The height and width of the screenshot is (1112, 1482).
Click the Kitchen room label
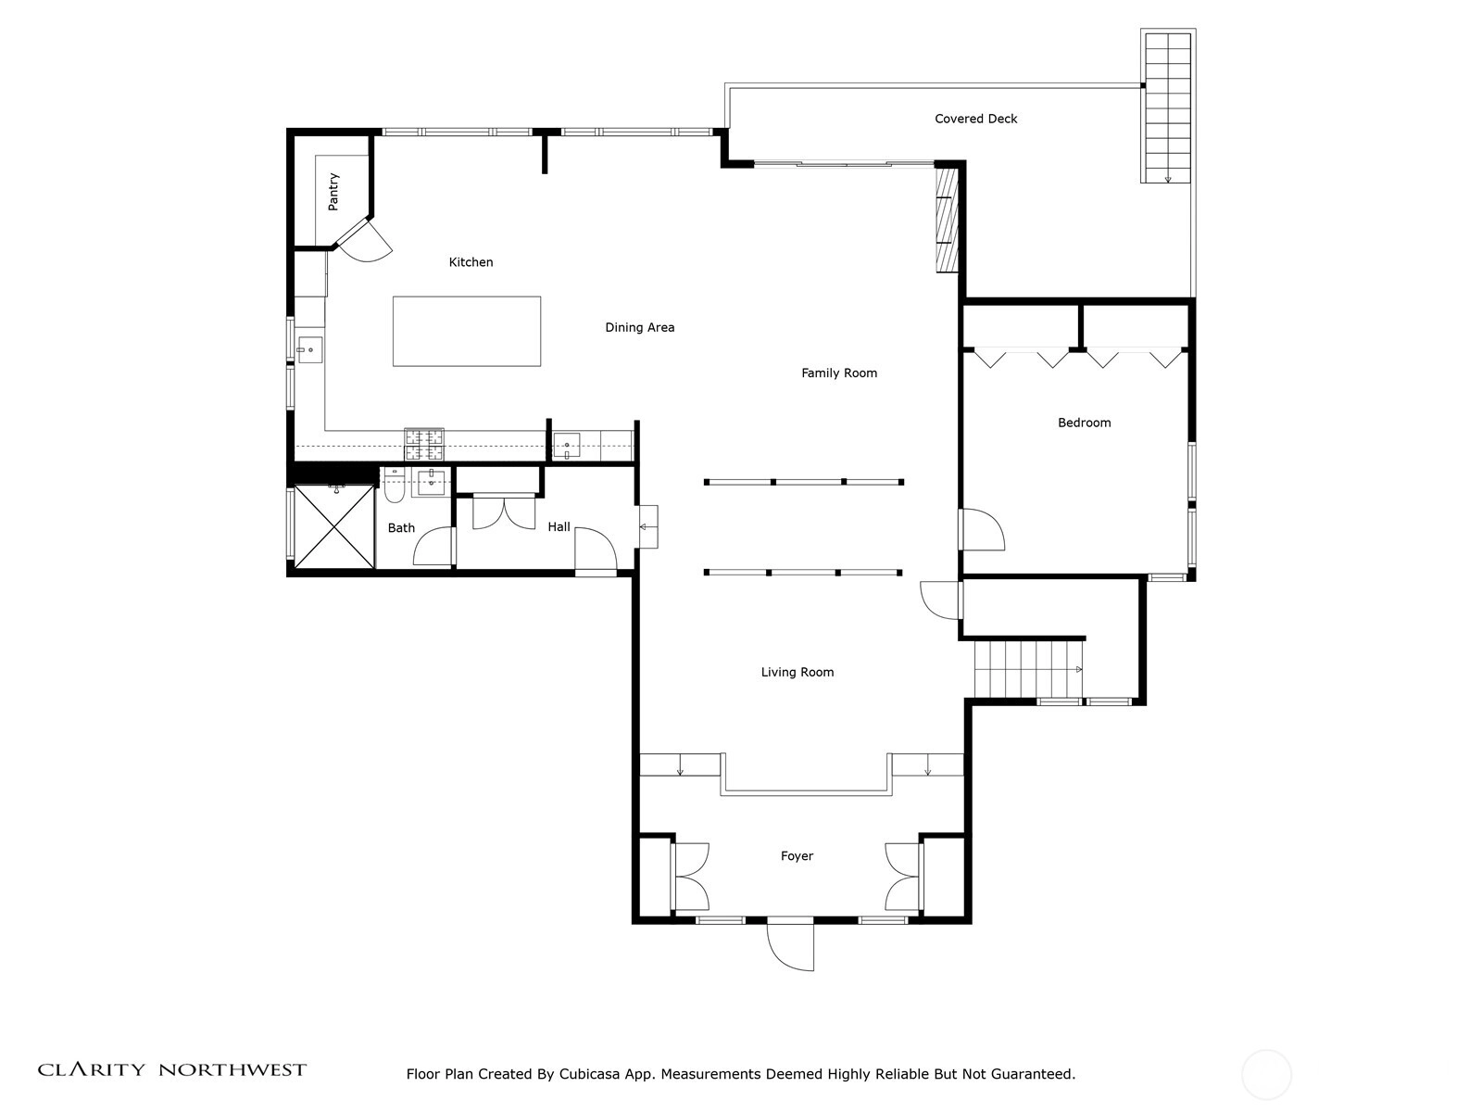coord(471,262)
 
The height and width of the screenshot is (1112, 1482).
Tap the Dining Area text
coord(639,327)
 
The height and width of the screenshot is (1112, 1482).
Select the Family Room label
coord(839,373)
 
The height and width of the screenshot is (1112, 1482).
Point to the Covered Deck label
coord(975,119)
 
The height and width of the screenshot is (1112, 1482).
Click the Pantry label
coord(333,192)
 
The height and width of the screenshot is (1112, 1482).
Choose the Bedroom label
coord(1085,423)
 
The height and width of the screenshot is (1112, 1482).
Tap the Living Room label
coord(798,672)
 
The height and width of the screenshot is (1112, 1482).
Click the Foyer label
coord(797,856)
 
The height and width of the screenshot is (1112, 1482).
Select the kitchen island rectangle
coord(467,332)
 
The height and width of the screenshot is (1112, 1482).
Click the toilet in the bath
coord(394,486)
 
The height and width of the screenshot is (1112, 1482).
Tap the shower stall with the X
coord(334,526)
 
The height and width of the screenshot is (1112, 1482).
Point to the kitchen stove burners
coord(424,444)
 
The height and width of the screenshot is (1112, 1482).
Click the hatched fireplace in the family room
coord(947,221)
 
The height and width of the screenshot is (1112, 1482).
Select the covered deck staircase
coord(1168,107)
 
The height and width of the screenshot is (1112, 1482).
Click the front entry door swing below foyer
coord(791,946)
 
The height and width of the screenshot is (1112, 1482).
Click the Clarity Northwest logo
coord(172,1070)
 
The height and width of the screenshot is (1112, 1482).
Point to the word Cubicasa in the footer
coord(589,1074)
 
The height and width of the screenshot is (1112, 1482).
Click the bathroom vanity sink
coord(431,482)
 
